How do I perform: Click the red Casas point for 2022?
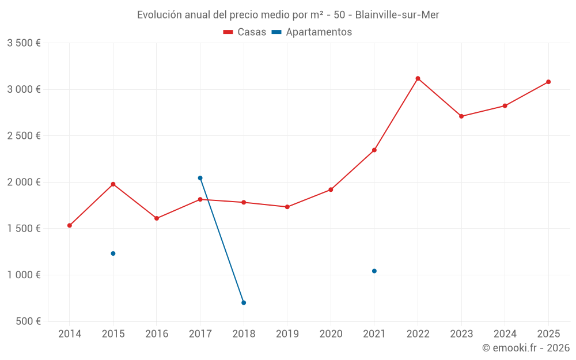tap(418, 78)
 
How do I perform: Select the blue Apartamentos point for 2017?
tap(200, 178)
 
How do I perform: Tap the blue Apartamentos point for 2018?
tap(244, 302)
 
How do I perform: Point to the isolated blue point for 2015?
tap(113, 253)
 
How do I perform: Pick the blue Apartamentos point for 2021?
tap(374, 271)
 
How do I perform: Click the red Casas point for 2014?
tap(70, 225)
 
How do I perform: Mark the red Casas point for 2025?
tap(548, 82)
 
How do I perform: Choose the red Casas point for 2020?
tap(331, 190)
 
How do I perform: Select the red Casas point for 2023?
tap(461, 116)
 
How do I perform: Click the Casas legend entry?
tap(245, 32)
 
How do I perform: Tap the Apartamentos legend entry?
tap(312, 32)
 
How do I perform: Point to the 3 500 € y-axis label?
tap(24, 43)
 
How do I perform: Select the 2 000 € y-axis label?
tap(24, 182)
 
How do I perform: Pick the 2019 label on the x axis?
tap(287, 334)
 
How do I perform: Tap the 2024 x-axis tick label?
tap(505, 334)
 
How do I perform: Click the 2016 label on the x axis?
tap(157, 334)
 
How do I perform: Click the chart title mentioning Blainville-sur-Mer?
tap(288, 15)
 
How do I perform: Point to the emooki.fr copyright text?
tap(525, 348)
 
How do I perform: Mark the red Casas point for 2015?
tap(113, 184)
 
